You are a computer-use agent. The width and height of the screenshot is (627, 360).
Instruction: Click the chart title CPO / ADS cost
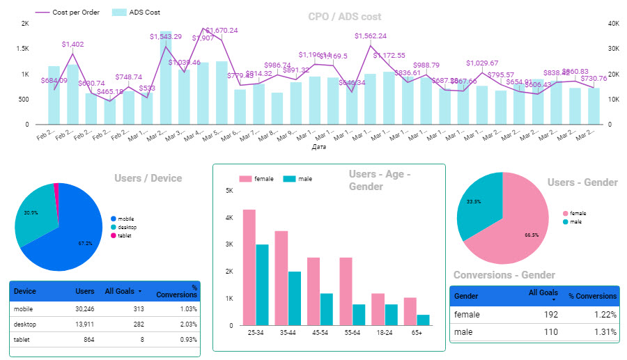pos(345,17)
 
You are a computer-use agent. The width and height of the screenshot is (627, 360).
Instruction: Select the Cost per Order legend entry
pos(76,13)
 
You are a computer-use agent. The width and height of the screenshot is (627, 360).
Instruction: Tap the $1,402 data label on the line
pos(72,45)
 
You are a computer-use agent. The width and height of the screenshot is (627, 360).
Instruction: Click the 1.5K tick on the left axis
pos(24,49)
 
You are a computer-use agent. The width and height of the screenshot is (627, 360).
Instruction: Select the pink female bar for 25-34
pos(249,267)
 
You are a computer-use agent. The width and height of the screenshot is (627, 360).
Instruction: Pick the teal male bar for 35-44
pos(294,298)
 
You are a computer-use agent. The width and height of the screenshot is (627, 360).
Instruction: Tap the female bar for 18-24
pos(378,309)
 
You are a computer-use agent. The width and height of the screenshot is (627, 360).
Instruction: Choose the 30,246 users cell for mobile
pos(82,308)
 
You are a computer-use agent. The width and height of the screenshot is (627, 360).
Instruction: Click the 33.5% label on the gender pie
pos(473,201)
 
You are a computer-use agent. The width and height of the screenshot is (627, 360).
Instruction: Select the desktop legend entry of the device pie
pos(126,227)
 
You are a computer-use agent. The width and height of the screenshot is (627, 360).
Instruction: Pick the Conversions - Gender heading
pos(504,275)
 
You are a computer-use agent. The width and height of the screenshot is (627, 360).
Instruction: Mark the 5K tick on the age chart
pos(229,191)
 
